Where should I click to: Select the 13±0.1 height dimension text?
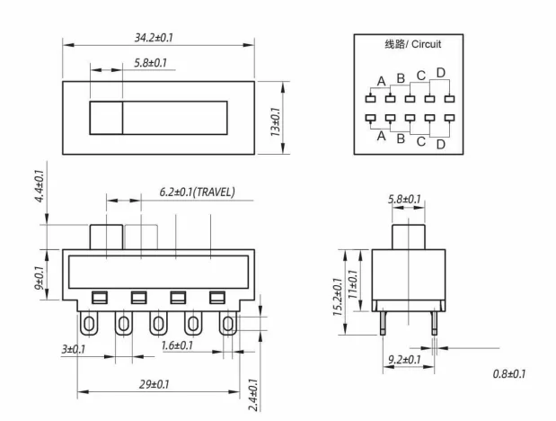(x=275, y=121)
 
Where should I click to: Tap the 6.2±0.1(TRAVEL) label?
(x=197, y=192)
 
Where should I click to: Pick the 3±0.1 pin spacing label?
(x=73, y=348)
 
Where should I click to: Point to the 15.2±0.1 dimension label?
(x=338, y=297)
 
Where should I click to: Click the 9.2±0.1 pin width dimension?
(x=402, y=360)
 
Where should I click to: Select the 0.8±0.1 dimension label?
(x=509, y=373)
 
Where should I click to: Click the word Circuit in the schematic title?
(x=425, y=42)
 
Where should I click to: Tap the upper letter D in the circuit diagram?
(x=440, y=73)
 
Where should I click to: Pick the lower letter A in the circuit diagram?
(x=381, y=137)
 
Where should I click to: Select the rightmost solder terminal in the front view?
(x=228, y=322)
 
